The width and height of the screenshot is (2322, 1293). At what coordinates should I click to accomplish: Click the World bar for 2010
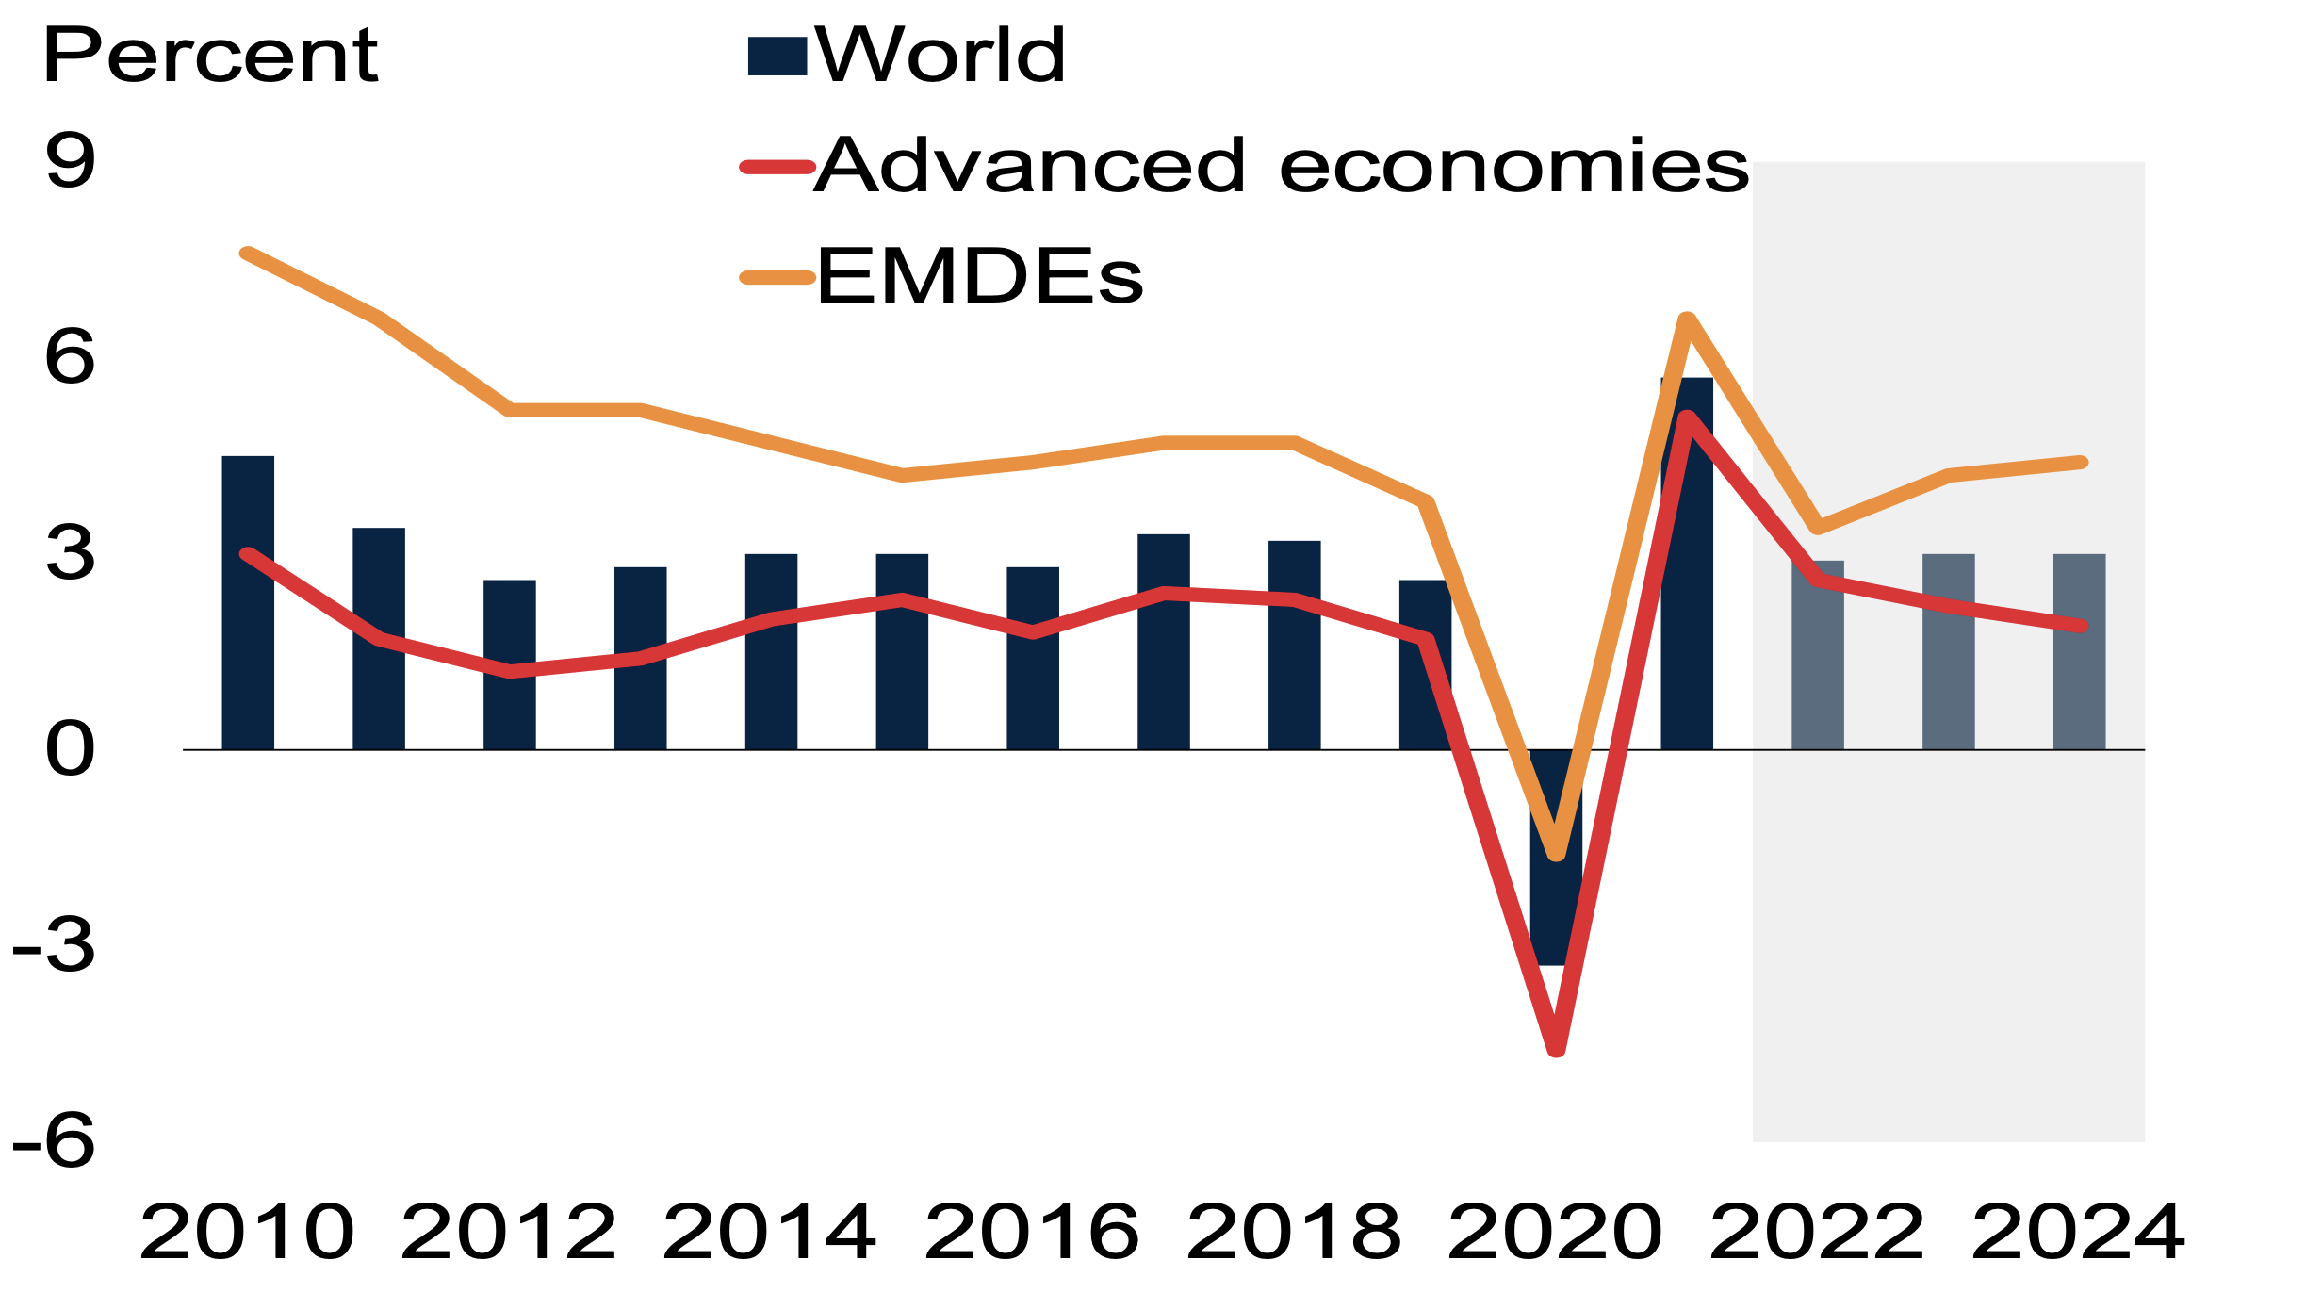pyautogui.click(x=248, y=603)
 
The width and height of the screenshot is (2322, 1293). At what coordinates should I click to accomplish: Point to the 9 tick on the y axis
pyautogui.click(x=70, y=162)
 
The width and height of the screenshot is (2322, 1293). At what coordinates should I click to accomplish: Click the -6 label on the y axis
pyautogui.click(x=55, y=1142)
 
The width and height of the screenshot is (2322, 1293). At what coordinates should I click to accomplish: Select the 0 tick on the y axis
pyautogui.click(x=70, y=750)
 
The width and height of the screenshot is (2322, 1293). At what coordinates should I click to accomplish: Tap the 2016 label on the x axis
pyautogui.click(x=1033, y=1233)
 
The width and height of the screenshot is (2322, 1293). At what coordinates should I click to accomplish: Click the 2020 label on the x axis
pyautogui.click(x=1556, y=1233)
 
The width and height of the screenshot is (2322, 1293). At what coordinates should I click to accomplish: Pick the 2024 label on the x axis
pyautogui.click(x=2079, y=1233)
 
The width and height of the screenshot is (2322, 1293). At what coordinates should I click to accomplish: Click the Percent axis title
pyautogui.click(x=210, y=57)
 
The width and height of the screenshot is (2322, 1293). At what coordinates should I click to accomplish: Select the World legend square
pyautogui.click(x=777, y=57)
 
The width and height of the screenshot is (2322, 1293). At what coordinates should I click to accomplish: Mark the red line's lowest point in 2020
pyautogui.click(x=1557, y=1049)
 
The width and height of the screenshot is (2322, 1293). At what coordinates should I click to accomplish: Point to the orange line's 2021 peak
pyautogui.click(x=1688, y=320)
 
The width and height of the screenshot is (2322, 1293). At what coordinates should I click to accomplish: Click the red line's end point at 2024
pyautogui.click(x=2081, y=626)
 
